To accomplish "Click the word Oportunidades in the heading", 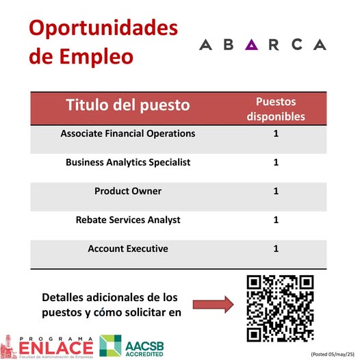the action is pos(103,28).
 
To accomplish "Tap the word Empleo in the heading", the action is pos(97,57).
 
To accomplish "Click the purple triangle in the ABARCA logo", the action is pos(251,44).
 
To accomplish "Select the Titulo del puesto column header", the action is pos(128,105).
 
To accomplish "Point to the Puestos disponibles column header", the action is pos(276,109).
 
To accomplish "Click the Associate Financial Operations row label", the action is pos(128,133).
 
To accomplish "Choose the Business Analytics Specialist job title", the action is pos(128,163).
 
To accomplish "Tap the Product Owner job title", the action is pos(128,191).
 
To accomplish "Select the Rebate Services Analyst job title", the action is pos(128,220).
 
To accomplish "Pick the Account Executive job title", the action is pos(128,248).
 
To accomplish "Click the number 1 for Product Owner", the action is pos(276,191).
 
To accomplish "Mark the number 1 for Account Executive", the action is pos(276,248).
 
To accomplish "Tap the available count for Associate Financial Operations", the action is pos(276,133).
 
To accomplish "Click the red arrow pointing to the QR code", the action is pos(214,305).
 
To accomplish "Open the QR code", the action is pos(281,309).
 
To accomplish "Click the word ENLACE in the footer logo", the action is pos(56,348).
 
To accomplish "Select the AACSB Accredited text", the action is pos(144,349).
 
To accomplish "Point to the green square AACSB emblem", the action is pos(110,346).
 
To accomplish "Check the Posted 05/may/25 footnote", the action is pos(333,355).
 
